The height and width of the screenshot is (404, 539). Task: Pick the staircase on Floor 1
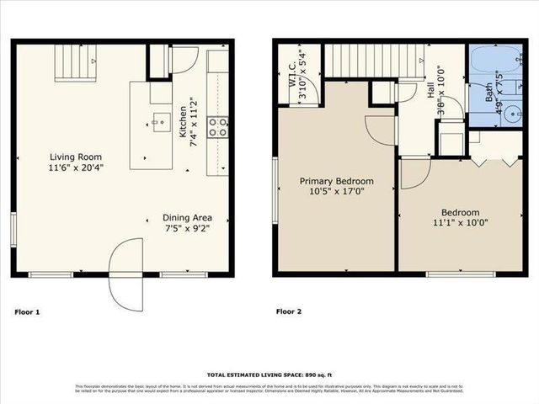(77, 61)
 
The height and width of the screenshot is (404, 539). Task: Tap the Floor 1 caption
(27, 312)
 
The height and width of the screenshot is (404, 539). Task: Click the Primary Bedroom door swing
(375, 127)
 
